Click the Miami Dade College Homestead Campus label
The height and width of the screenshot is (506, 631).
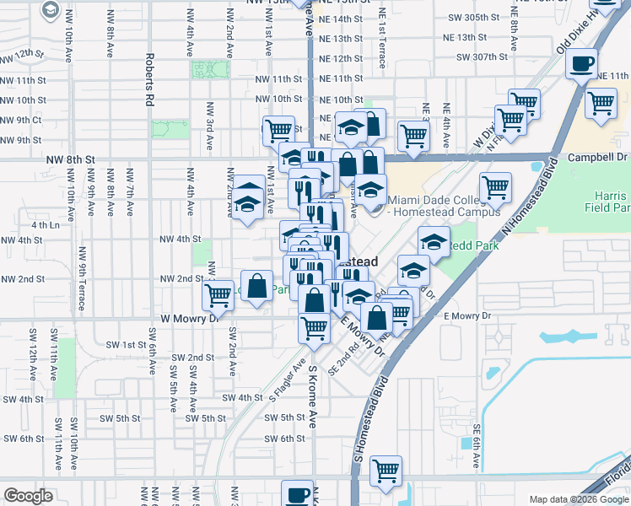(429, 205)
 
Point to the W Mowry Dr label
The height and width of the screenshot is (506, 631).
(189, 318)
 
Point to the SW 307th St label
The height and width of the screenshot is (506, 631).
(481, 57)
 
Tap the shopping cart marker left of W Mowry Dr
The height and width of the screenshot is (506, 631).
(218, 295)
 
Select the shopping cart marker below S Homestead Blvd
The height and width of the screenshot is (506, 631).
(386, 471)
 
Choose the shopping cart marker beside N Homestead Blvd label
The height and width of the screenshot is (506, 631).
(496, 186)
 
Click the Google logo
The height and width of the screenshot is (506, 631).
(28, 496)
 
